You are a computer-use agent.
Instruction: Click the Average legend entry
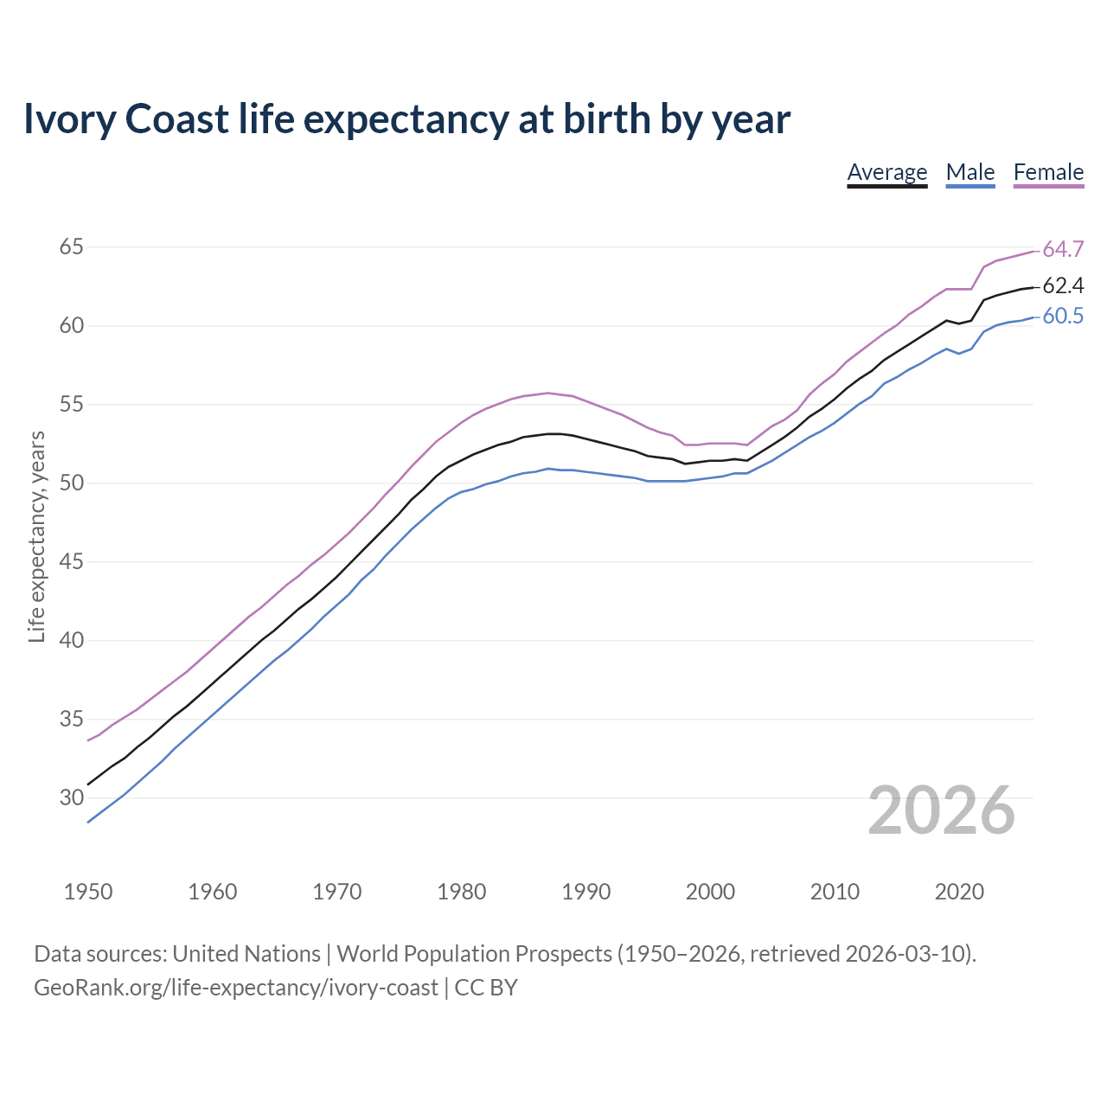click(886, 172)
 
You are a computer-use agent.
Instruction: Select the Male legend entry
click(970, 172)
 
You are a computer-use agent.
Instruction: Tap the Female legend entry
click(1048, 172)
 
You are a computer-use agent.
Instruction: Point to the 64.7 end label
click(1063, 250)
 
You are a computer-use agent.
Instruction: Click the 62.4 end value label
click(1063, 286)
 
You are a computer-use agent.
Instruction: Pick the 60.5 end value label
click(1063, 317)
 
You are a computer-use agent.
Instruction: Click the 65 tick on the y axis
click(71, 247)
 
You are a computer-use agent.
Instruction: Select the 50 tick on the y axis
click(71, 483)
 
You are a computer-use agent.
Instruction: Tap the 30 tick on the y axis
click(71, 798)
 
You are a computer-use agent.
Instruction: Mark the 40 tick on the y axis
click(71, 641)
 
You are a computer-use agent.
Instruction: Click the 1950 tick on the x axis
click(88, 892)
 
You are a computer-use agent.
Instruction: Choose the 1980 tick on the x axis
click(461, 892)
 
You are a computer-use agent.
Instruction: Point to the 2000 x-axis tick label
click(710, 892)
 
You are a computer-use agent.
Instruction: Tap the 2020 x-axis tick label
click(959, 892)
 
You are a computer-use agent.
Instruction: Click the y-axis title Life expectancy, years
click(37, 537)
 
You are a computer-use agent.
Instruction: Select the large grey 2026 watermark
click(941, 810)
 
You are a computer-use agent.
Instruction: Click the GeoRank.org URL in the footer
click(235, 988)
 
